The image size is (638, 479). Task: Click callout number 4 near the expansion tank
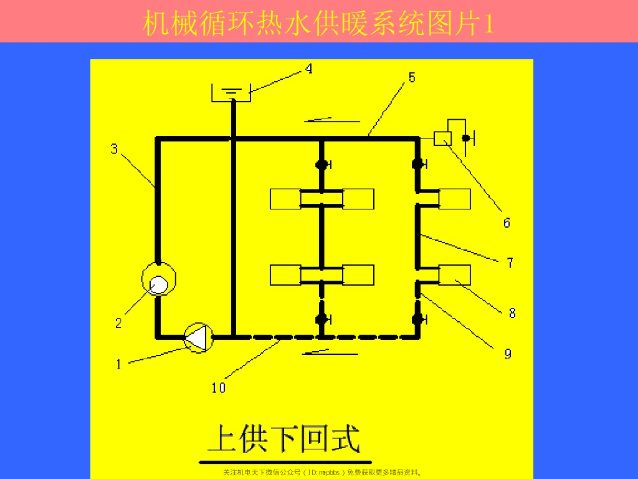(308, 69)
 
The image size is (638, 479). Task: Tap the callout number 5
(412, 77)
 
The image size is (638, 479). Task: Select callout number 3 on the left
(114, 149)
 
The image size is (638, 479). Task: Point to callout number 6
(507, 223)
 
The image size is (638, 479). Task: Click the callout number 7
(510, 263)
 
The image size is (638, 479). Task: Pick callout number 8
(512, 313)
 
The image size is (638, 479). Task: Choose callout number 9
(508, 354)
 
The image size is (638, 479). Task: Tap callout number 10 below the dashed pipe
(218, 387)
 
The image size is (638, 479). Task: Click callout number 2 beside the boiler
(118, 323)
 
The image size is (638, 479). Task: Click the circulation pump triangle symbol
(198, 338)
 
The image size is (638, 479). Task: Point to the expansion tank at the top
(231, 93)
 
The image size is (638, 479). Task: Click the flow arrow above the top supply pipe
(333, 119)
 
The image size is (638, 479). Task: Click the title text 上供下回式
(283, 438)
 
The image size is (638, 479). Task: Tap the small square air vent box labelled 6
(443, 138)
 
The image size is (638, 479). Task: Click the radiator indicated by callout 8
(455, 274)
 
